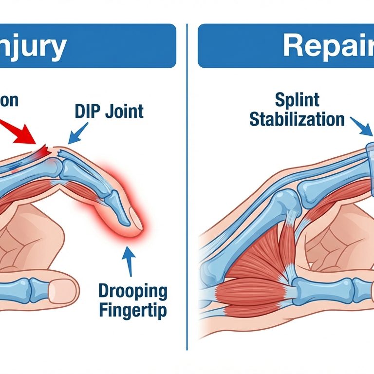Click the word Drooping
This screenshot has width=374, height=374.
(x=132, y=292)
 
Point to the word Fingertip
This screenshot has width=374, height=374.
(x=133, y=310)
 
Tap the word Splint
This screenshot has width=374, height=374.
(x=297, y=100)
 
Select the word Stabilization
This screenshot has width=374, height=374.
(x=297, y=119)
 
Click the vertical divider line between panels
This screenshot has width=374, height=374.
(x=187, y=195)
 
